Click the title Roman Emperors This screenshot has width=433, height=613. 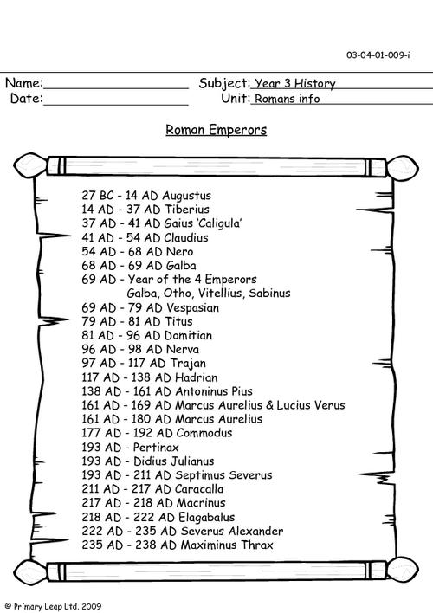pyautogui.click(x=216, y=131)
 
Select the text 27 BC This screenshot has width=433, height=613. pyautogui.click(x=96, y=197)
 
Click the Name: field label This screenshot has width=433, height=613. pyautogui.click(x=23, y=84)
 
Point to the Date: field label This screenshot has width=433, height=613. pyautogui.click(x=26, y=99)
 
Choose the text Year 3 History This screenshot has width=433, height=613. pyautogui.click(x=294, y=84)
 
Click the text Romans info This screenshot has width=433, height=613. pyautogui.click(x=288, y=99)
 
